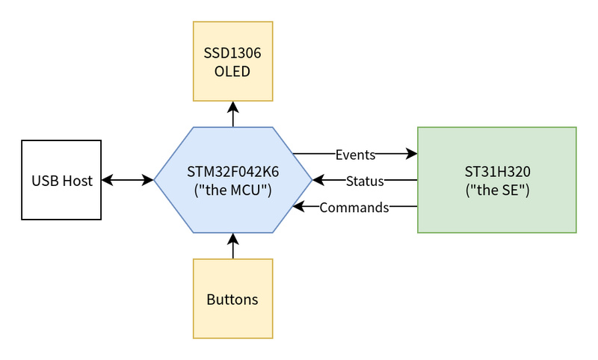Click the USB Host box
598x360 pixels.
(x=61, y=180)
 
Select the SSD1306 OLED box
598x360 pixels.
(x=233, y=61)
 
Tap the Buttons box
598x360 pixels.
(x=233, y=299)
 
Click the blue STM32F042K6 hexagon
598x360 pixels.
(x=233, y=180)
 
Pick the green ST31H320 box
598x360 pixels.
(x=497, y=180)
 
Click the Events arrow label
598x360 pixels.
(x=356, y=155)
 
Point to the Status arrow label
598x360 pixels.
(x=365, y=181)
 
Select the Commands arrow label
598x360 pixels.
(x=354, y=208)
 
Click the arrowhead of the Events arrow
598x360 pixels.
(x=412, y=154)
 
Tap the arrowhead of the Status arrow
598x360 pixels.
(x=318, y=180)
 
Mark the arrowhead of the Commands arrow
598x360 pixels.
(x=298, y=206)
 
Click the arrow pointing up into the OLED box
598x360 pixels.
(x=233, y=114)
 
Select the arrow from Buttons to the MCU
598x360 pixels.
(x=233, y=246)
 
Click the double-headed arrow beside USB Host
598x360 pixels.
(x=127, y=180)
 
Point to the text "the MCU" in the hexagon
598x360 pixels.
(x=233, y=190)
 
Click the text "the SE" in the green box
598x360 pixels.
(x=497, y=190)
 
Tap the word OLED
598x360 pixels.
(x=232, y=71)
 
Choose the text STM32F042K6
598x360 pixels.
(x=233, y=172)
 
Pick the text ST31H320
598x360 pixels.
(x=497, y=172)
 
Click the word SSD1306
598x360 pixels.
(x=232, y=53)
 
